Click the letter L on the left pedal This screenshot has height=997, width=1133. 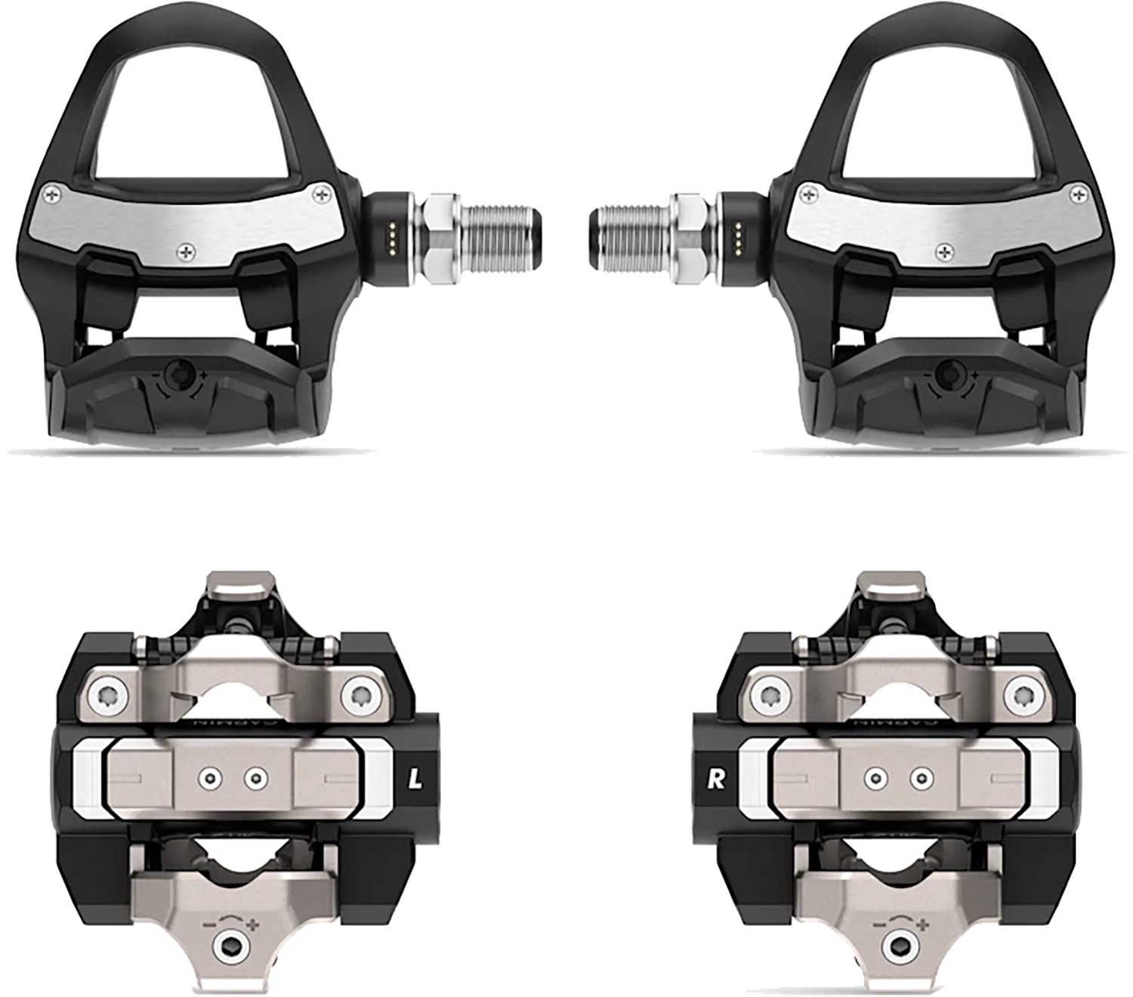[415, 779]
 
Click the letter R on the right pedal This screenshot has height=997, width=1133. [715, 779]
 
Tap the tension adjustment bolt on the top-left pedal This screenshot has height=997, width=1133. [180, 372]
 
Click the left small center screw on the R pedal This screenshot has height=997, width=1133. [876, 776]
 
